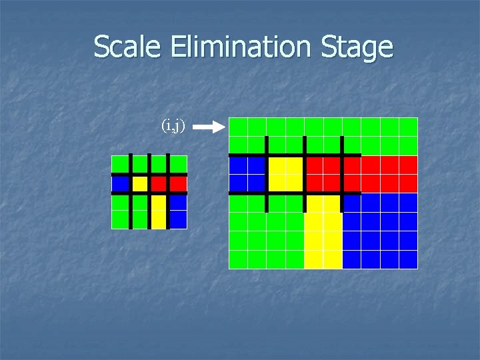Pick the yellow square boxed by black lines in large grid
(x=285, y=174)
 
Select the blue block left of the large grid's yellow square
(x=247, y=174)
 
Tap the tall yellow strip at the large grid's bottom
(x=323, y=232)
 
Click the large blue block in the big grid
(x=379, y=231)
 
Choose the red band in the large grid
(x=380, y=174)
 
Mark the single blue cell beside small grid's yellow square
(x=121, y=183)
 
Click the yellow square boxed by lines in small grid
(x=139, y=183)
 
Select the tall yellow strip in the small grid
(x=159, y=211)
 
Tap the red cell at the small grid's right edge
(x=178, y=183)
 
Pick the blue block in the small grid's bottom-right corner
(x=178, y=211)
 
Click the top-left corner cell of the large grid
(x=238, y=127)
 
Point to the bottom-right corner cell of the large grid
(x=408, y=259)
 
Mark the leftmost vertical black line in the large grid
(x=267, y=175)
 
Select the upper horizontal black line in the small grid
(x=149, y=175)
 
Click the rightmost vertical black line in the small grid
(x=168, y=192)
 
